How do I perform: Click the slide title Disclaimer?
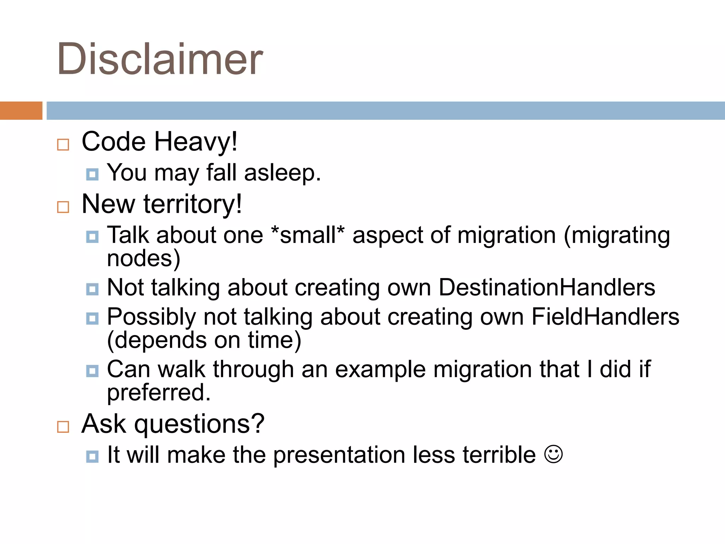pos(160,59)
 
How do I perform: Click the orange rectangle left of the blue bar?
pos(21,110)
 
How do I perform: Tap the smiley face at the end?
pos(553,454)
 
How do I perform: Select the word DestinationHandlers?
pos(547,287)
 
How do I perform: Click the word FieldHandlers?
pos(605,317)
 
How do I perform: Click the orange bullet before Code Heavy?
pos(63,144)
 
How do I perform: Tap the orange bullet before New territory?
pos(63,207)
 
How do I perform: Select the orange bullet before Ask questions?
pos(63,427)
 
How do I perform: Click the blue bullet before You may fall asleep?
pos(92,174)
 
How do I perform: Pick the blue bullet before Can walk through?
pos(92,371)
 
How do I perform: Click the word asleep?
pos(282,173)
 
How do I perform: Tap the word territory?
pos(193,204)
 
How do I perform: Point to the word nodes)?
pos(143,259)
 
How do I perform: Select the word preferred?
pos(159,393)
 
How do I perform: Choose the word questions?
pos(199,424)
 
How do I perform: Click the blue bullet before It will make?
pos(92,456)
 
